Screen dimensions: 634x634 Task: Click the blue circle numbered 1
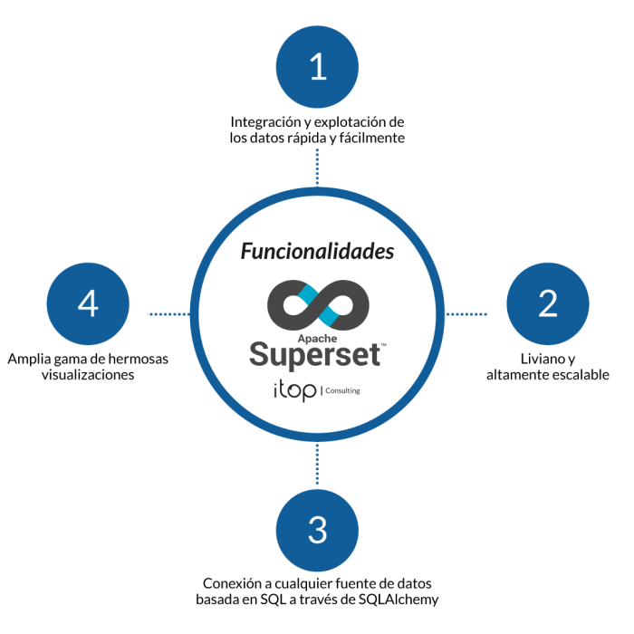click(x=317, y=67)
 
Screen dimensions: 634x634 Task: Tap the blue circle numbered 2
click(x=547, y=304)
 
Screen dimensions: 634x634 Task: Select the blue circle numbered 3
click(x=317, y=530)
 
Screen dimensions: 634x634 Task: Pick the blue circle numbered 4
click(x=88, y=304)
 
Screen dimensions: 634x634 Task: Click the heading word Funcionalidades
click(x=317, y=252)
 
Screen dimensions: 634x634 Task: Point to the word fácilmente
click(x=371, y=139)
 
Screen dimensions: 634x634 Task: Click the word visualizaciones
click(x=88, y=375)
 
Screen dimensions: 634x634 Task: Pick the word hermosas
click(x=138, y=359)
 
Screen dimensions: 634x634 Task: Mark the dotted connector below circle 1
click(x=317, y=169)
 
